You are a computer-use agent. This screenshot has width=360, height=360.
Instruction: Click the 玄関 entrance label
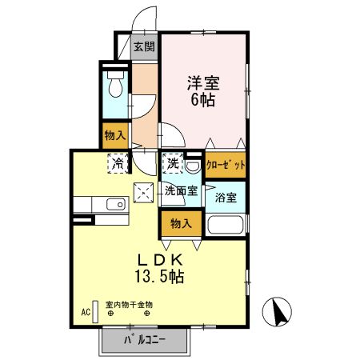[x=144, y=46]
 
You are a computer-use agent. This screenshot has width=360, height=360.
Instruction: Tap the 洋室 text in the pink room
[x=203, y=82]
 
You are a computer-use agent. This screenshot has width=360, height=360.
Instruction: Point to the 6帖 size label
[x=203, y=101]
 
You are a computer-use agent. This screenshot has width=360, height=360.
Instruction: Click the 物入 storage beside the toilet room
[x=115, y=136]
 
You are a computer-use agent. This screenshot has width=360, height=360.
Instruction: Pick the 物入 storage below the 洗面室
[x=180, y=224]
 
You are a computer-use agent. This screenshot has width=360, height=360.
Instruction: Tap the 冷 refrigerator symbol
[x=118, y=163]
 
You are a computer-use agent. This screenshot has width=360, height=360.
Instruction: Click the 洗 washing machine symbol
[x=173, y=163]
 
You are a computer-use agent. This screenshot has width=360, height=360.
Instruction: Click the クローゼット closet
[x=226, y=165]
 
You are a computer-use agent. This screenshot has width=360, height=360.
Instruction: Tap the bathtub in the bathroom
[x=226, y=223]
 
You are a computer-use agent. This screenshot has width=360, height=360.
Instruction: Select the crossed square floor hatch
[x=144, y=191]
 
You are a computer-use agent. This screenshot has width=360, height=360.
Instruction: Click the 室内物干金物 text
[x=129, y=304]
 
